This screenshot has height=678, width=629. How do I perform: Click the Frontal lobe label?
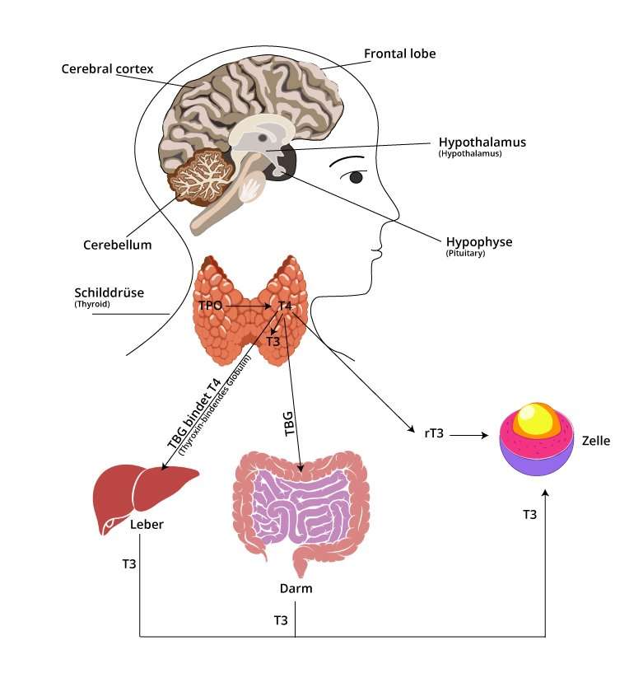click(x=399, y=54)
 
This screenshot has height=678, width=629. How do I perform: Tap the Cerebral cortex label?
click(x=107, y=68)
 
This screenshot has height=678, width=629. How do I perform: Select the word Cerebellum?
click(x=118, y=245)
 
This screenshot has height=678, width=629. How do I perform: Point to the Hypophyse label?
click(x=479, y=241)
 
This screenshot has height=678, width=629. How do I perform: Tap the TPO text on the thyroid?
click(x=211, y=306)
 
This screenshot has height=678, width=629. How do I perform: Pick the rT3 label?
click(x=434, y=433)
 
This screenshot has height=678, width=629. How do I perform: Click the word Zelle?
click(x=595, y=441)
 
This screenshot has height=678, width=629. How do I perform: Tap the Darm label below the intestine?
click(x=296, y=588)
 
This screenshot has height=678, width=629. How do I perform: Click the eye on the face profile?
click(x=356, y=177)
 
